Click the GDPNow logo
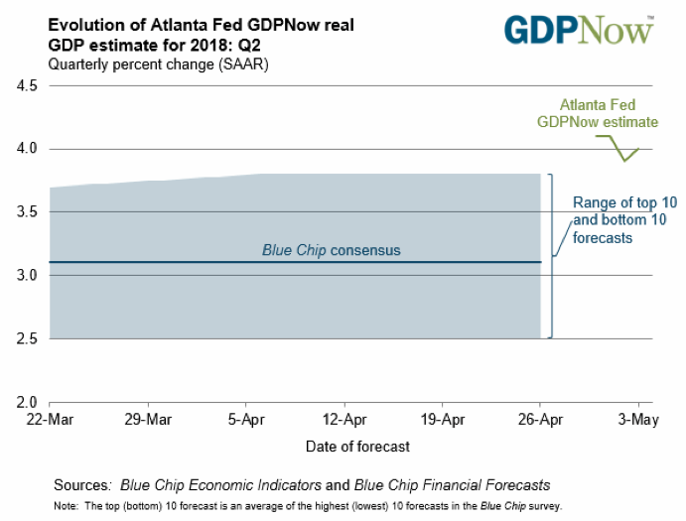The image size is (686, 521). click(579, 30)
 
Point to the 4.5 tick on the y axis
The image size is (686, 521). click(27, 86)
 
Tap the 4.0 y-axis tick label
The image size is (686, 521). click(27, 149)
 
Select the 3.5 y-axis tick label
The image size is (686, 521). click(27, 212)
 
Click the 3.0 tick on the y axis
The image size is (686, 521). click(27, 276)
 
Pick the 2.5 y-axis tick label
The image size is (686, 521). click(27, 339)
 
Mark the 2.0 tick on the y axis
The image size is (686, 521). click(27, 403)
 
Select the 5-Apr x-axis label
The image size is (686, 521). click(244, 421)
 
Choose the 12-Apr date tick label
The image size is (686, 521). click(343, 421)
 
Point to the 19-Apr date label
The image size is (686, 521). click(442, 421)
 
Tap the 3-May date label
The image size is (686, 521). click(638, 421)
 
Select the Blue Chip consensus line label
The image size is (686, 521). click(331, 250)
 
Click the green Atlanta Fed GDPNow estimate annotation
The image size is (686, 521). click(597, 113)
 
